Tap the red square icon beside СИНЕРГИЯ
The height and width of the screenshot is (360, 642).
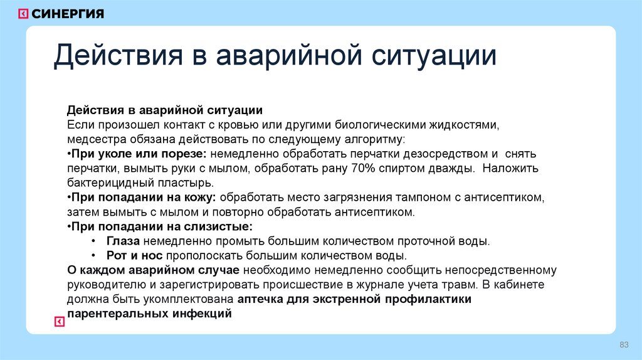coord(23,14)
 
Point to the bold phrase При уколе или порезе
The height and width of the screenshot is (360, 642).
coord(140,153)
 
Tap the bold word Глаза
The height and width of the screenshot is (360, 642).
coord(124,241)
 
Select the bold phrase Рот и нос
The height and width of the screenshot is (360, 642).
coord(134,256)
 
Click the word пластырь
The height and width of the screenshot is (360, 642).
coord(188,183)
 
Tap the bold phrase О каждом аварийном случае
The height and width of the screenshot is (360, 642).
coord(154,270)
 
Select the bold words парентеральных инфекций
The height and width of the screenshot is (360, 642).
coord(150,314)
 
